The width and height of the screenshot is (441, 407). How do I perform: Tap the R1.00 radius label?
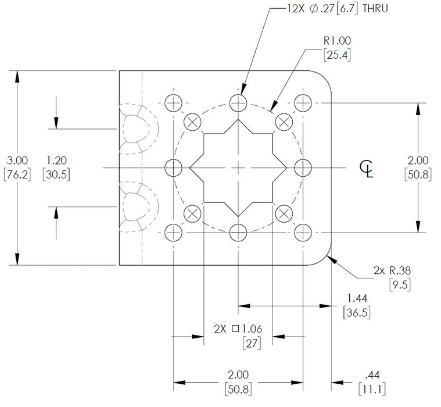click(x=336, y=42)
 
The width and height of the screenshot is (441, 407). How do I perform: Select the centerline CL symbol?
click(x=367, y=169)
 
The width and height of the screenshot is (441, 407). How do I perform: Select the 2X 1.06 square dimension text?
click(x=238, y=329)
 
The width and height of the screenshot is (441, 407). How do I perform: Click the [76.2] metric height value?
click(x=16, y=174)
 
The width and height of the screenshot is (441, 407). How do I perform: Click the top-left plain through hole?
click(x=173, y=103)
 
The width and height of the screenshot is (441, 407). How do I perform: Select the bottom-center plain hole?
click(x=238, y=233)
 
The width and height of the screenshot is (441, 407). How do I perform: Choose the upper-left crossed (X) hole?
click(x=192, y=122)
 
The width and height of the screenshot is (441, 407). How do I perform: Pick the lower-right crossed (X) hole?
click(x=284, y=213)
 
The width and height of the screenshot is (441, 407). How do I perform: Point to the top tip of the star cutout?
click(x=238, y=120)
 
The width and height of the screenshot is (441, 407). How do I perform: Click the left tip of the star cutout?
click(x=190, y=168)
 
